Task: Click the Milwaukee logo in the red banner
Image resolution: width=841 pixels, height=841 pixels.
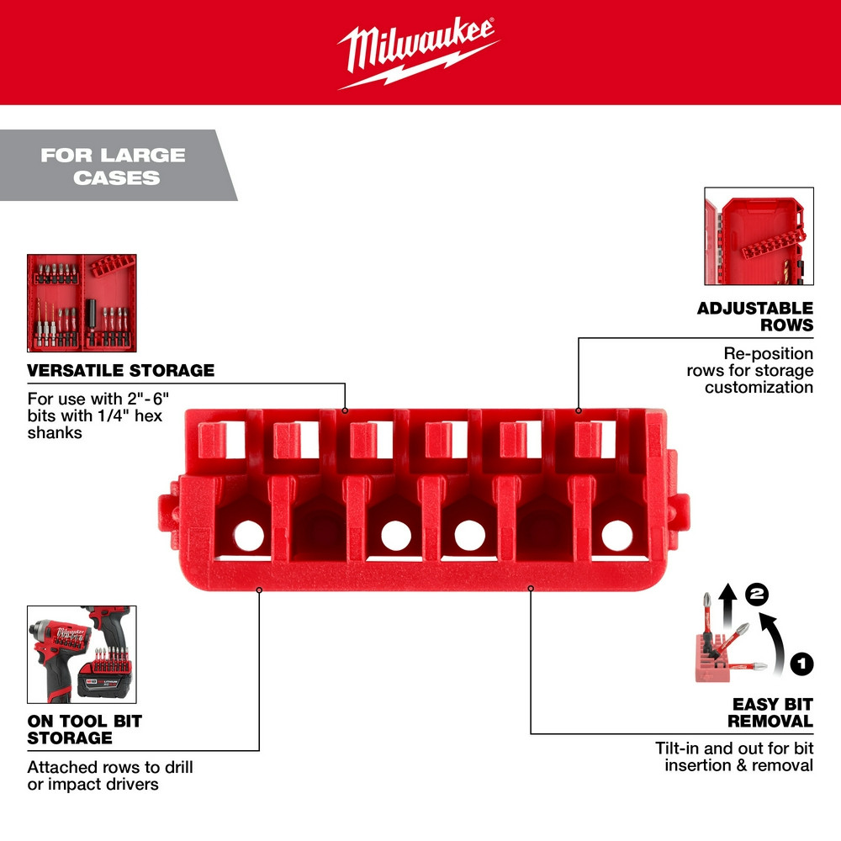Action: pyautogui.click(x=418, y=52)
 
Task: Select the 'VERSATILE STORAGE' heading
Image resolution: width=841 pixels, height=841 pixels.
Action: pyautogui.click(x=121, y=370)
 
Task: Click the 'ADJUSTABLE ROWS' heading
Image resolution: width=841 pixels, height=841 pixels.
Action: pyautogui.click(x=755, y=316)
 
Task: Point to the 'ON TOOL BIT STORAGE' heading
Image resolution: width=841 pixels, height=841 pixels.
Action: pyautogui.click(x=84, y=730)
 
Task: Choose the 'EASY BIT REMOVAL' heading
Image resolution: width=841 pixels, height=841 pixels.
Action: pyautogui.click(x=770, y=712)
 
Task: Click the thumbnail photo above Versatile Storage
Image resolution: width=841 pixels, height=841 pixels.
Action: pyautogui.click(x=82, y=303)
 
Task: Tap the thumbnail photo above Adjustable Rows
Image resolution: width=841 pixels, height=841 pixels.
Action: pyautogui.click(x=759, y=236)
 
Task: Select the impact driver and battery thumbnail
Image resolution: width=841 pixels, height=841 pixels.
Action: pyautogui.click(x=82, y=654)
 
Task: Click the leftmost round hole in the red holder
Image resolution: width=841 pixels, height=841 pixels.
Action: pyautogui.click(x=248, y=534)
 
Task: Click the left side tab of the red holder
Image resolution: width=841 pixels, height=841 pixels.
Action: pyautogui.click(x=167, y=507)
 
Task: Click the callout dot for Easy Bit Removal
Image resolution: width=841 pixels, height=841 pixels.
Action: pyautogui.click(x=531, y=589)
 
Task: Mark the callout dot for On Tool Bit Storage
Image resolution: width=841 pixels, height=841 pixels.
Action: pyautogui.click(x=259, y=590)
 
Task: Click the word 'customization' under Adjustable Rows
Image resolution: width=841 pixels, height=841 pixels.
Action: pyautogui.click(x=759, y=388)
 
